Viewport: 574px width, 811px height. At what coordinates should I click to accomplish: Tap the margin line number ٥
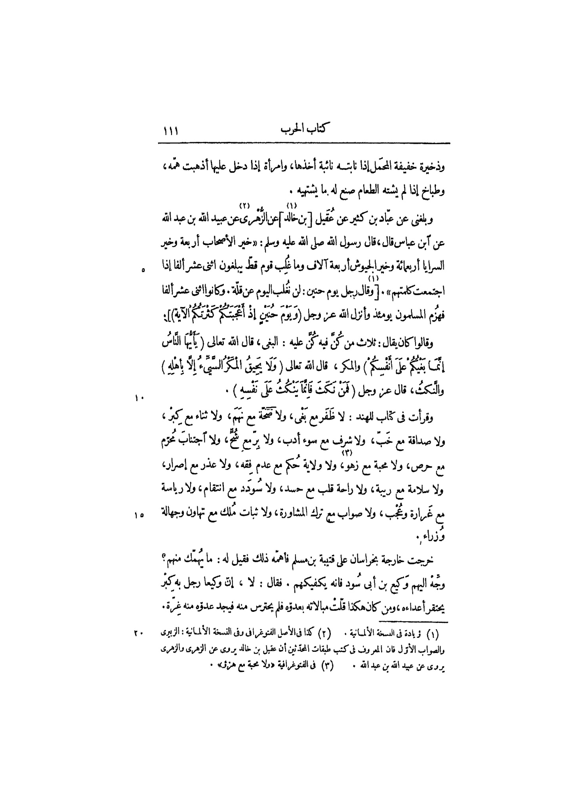pos(143,271)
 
